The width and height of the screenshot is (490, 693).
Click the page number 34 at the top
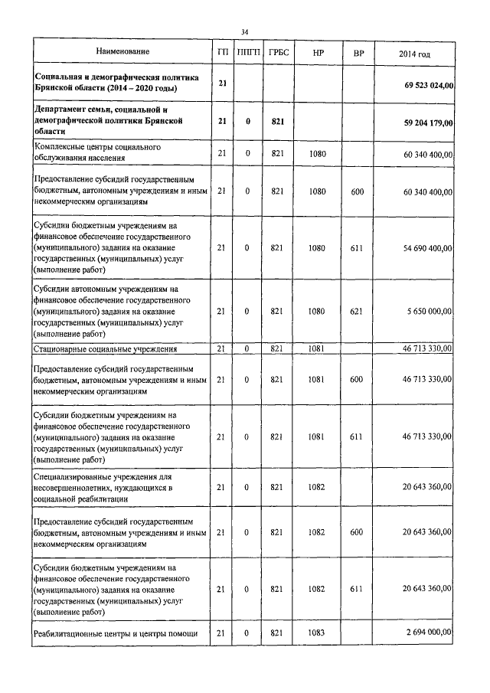244,31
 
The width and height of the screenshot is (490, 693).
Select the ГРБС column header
277,54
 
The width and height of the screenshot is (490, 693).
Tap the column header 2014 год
414,54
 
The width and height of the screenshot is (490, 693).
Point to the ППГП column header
247,54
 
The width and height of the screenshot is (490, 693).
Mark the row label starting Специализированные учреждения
106,487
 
